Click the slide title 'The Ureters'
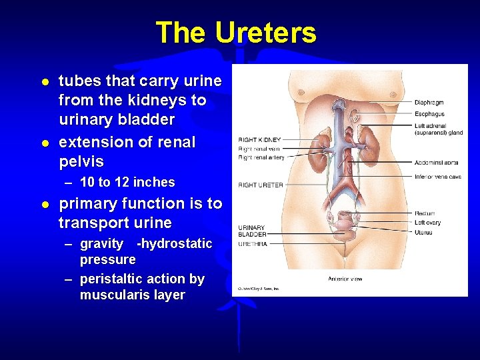235,32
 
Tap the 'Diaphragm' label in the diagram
429,103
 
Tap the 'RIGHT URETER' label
261,185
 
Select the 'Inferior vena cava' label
438,177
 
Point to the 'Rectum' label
425,213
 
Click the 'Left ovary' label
428,223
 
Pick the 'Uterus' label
423,232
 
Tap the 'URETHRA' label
252,243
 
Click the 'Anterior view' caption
345,279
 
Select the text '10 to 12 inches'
127,182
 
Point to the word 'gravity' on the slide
101,243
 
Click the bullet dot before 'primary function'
44,204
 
